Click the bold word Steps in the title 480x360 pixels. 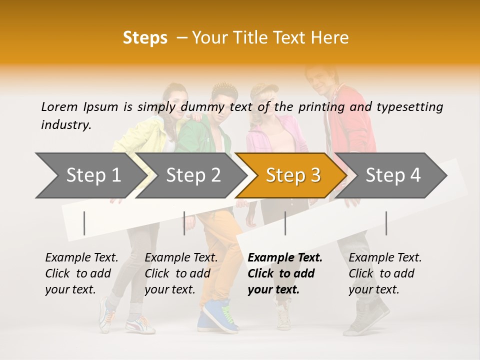coord(145,38)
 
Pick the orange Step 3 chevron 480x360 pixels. coord(293,175)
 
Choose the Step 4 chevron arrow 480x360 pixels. coord(393,175)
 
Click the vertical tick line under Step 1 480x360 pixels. coord(84,223)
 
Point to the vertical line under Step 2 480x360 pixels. coord(184,223)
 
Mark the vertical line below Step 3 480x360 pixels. coord(285,223)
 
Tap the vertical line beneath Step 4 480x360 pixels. coord(386,223)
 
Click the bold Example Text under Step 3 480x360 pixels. coord(284,273)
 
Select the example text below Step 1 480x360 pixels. coord(81,273)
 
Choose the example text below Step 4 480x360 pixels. coord(385,273)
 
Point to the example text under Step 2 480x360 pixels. coord(181,273)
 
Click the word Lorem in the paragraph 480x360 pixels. coord(59,106)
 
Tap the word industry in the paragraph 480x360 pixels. coord(66,125)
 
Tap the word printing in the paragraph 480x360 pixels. coord(317,106)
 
